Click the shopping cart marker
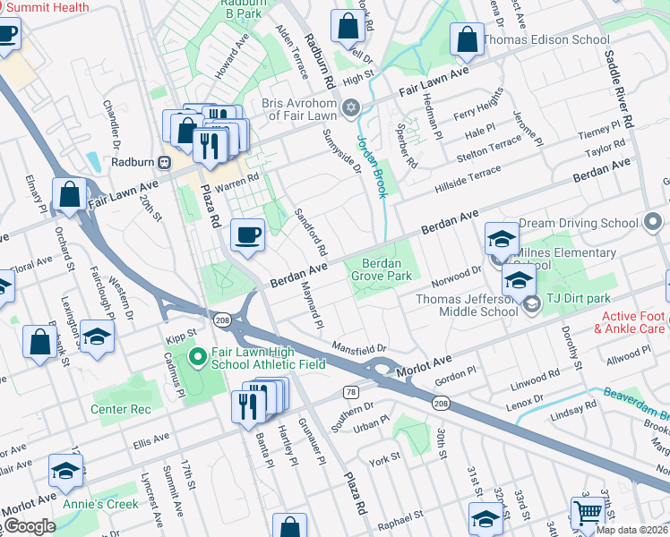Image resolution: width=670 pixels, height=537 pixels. (x=588, y=513)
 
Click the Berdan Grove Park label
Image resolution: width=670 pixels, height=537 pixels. (x=387, y=269)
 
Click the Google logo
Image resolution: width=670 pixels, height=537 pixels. (x=29, y=526)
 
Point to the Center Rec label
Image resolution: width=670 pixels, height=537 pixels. (x=120, y=409)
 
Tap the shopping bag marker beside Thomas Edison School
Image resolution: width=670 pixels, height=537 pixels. (x=467, y=39)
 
